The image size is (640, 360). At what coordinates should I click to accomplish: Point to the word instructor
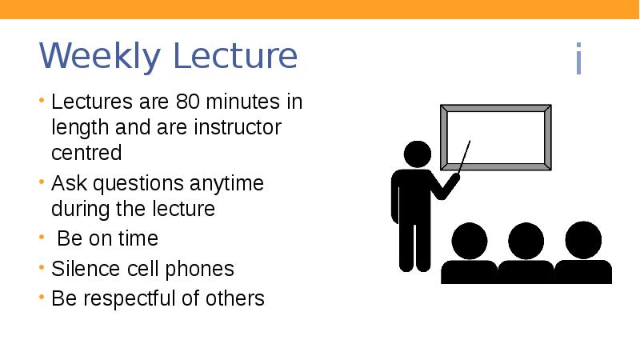[x=238, y=127]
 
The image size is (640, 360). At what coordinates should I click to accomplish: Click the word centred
[x=86, y=152]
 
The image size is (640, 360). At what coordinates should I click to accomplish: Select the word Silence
[x=83, y=268]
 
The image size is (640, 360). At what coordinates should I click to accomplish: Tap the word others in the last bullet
[x=236, y=298]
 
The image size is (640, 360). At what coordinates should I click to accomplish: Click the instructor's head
[x=417, y=155]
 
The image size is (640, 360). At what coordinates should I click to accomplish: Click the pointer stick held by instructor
[x=463, y=157]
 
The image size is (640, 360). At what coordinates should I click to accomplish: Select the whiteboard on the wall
[x=495, y=137]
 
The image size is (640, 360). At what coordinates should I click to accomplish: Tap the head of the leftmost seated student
[x=469, y=240]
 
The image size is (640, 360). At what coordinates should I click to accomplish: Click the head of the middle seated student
[x=526, y=240]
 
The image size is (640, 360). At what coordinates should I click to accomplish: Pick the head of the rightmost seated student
[x=582, y=239]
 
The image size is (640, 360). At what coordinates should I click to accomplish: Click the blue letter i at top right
[x=578, y=61]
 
